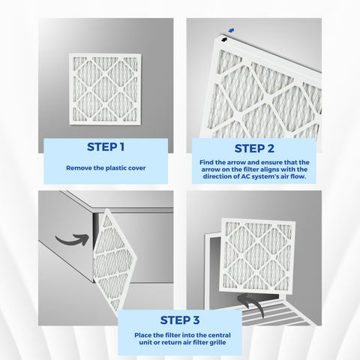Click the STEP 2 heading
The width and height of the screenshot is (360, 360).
point(254,148)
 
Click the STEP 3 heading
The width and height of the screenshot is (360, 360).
point(179,322)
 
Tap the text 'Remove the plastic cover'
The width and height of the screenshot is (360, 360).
point(105,168)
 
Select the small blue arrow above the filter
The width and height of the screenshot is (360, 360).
point(231,31)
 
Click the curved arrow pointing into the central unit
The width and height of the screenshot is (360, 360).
point(73,241)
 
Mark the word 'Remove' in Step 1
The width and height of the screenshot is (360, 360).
point(78,168)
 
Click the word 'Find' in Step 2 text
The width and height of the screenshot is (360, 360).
point(207,163)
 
